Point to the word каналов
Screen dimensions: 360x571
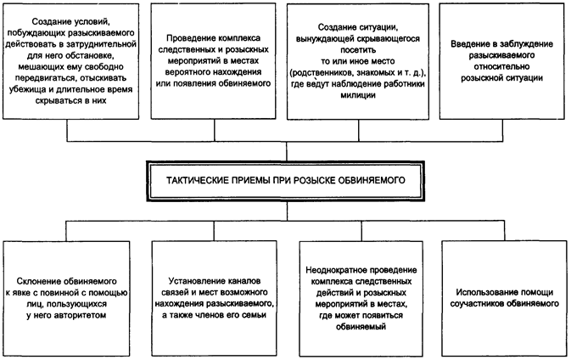coord(247,279)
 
